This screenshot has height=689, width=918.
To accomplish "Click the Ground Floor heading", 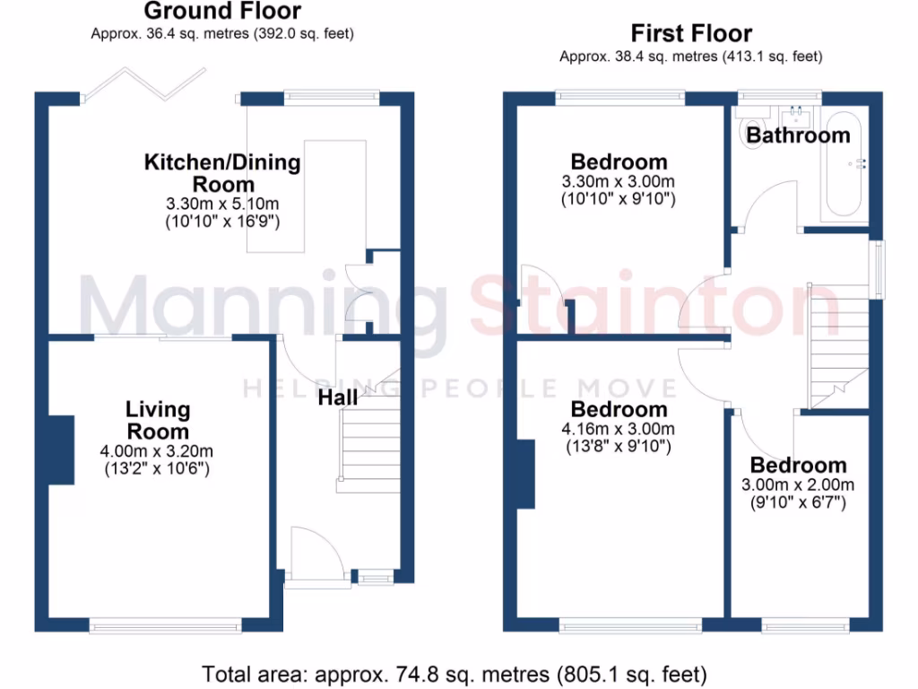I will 222,12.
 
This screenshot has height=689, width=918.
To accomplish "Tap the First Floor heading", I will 690,34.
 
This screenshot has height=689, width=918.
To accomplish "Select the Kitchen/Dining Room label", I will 222,173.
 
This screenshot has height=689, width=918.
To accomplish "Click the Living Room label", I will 158,420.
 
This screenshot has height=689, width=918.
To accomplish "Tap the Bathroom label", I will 798,135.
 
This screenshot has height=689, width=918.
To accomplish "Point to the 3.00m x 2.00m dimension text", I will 798,485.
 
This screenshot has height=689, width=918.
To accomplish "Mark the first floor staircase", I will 839,341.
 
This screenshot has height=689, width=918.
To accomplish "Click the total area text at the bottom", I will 455,673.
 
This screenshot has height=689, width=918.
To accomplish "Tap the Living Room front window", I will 165,624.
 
